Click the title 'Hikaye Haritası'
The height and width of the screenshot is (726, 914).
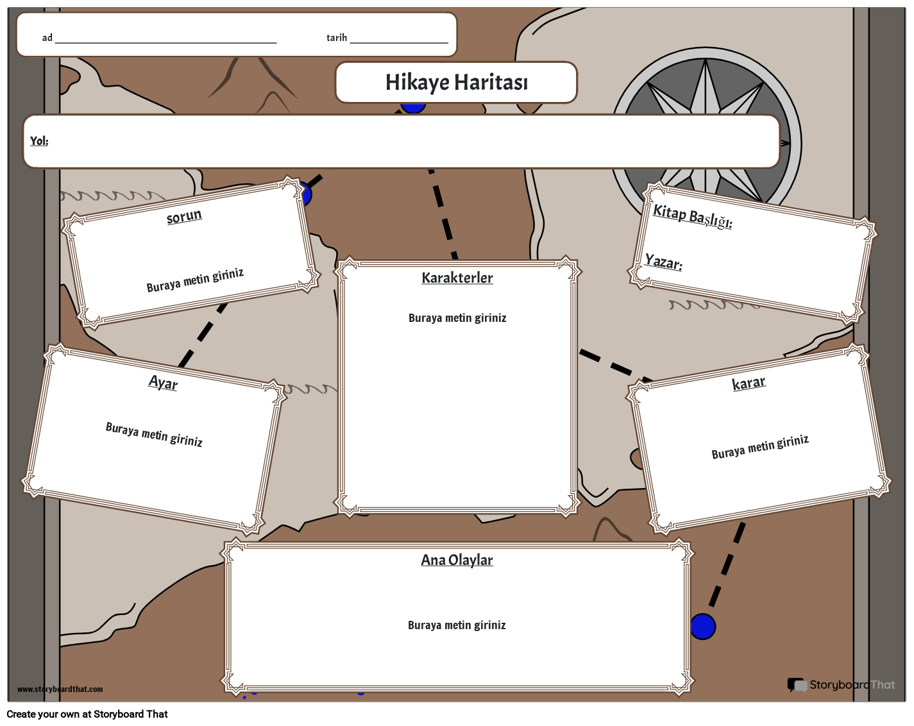point(457,83)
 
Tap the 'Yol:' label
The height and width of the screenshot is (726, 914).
point(39,140)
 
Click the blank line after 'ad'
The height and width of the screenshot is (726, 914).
point(165,43)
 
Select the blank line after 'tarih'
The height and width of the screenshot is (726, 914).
point(399,43)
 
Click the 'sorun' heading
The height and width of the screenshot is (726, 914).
point(184,217)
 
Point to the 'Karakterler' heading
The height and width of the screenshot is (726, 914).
point(457,278)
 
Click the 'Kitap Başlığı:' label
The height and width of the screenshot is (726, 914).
point(692,217)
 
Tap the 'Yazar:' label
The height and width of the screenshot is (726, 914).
point(663,262)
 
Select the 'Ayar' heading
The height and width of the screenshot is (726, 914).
point(163,383)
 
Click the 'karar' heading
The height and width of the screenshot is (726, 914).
point(749,383)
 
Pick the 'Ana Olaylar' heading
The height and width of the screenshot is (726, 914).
point(457,560)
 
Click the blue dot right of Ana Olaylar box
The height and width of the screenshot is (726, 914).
point(703,626)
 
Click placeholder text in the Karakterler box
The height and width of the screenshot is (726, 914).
point(457,318)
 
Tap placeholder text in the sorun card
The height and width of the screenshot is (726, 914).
point(195,280)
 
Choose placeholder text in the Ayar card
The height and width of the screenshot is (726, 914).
point(154,435)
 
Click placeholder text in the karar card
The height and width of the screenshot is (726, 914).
point(760,447)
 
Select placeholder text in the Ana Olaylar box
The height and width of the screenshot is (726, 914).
point(457,625)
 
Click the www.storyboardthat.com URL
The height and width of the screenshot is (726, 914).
point(60,689)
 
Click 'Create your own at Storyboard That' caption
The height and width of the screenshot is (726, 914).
point(87,714)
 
